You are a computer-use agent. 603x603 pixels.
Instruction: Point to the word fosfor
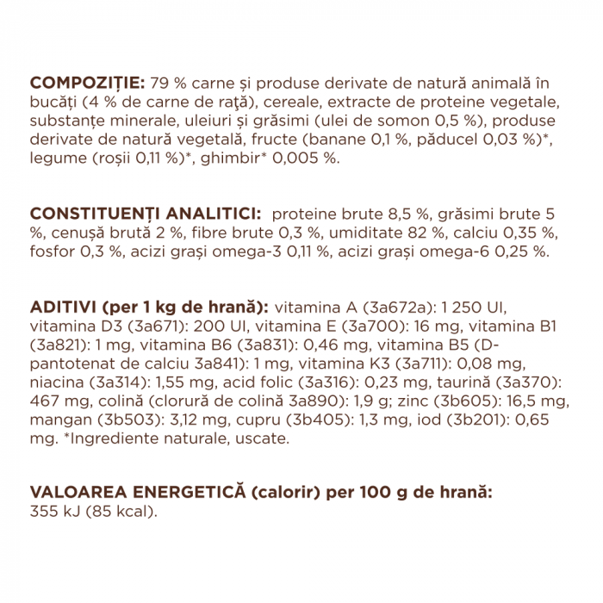52,252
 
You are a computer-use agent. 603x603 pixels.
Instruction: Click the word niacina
55,383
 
